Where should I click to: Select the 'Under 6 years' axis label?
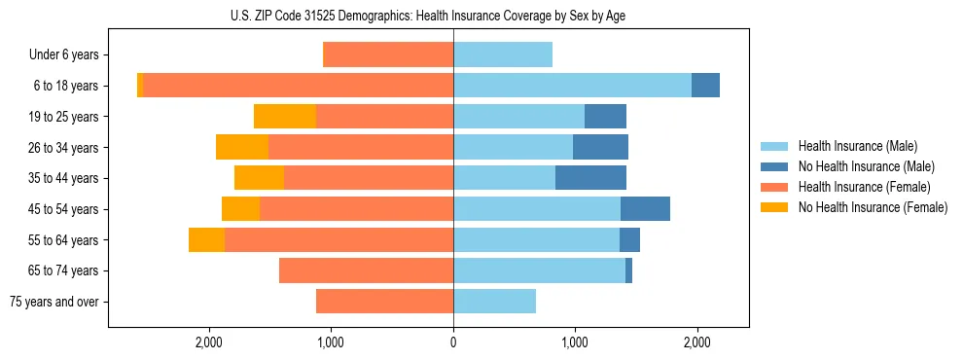click(70, 55)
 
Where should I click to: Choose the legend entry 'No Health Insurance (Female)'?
click(873, 207)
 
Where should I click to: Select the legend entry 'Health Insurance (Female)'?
click(864, 187)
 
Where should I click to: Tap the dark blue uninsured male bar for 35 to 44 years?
click(590, 178)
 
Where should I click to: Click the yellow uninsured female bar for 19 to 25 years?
click(285, 117)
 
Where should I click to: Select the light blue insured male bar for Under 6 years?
click(503, 55)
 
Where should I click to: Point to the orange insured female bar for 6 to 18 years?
click(298, 86)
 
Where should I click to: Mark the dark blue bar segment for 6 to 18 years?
click(705, 86)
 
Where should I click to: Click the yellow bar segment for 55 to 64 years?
click(206, 240)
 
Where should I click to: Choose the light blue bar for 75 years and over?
click(494, 302)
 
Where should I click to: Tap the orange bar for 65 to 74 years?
click(366, 270)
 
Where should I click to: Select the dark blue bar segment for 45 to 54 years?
click(645, 209)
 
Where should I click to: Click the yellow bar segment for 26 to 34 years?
click(242, 148)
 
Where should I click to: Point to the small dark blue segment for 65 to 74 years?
click(628, 270)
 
